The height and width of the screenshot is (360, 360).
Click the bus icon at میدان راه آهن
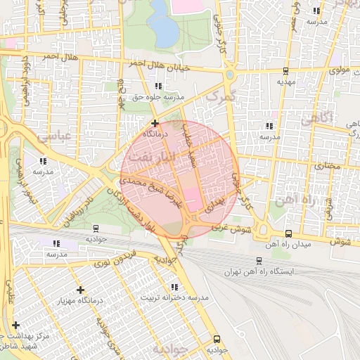pos(288,233)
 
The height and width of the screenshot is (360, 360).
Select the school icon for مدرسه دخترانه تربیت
pos(174,287)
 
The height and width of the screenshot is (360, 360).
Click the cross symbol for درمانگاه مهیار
pos(80,290)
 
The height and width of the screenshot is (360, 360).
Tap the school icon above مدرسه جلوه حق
pos(148,86)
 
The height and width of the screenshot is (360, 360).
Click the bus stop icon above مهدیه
pos(285,71)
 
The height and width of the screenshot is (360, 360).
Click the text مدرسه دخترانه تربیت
pos(186,297)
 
